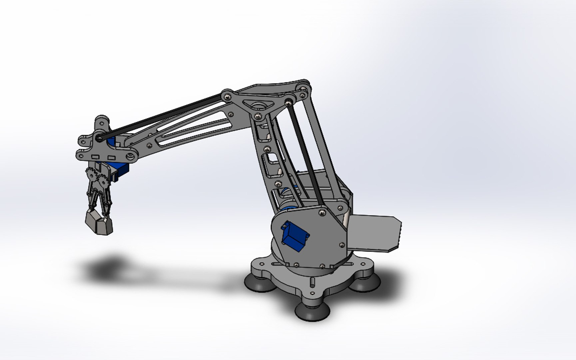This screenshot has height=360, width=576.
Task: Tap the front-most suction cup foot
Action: [x=312, y=311]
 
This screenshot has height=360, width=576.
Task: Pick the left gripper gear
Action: [x=90, y=174]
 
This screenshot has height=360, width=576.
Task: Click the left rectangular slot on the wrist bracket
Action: [x=96, y=156]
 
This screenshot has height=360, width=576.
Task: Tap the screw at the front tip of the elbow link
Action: [x=227, y=96]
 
